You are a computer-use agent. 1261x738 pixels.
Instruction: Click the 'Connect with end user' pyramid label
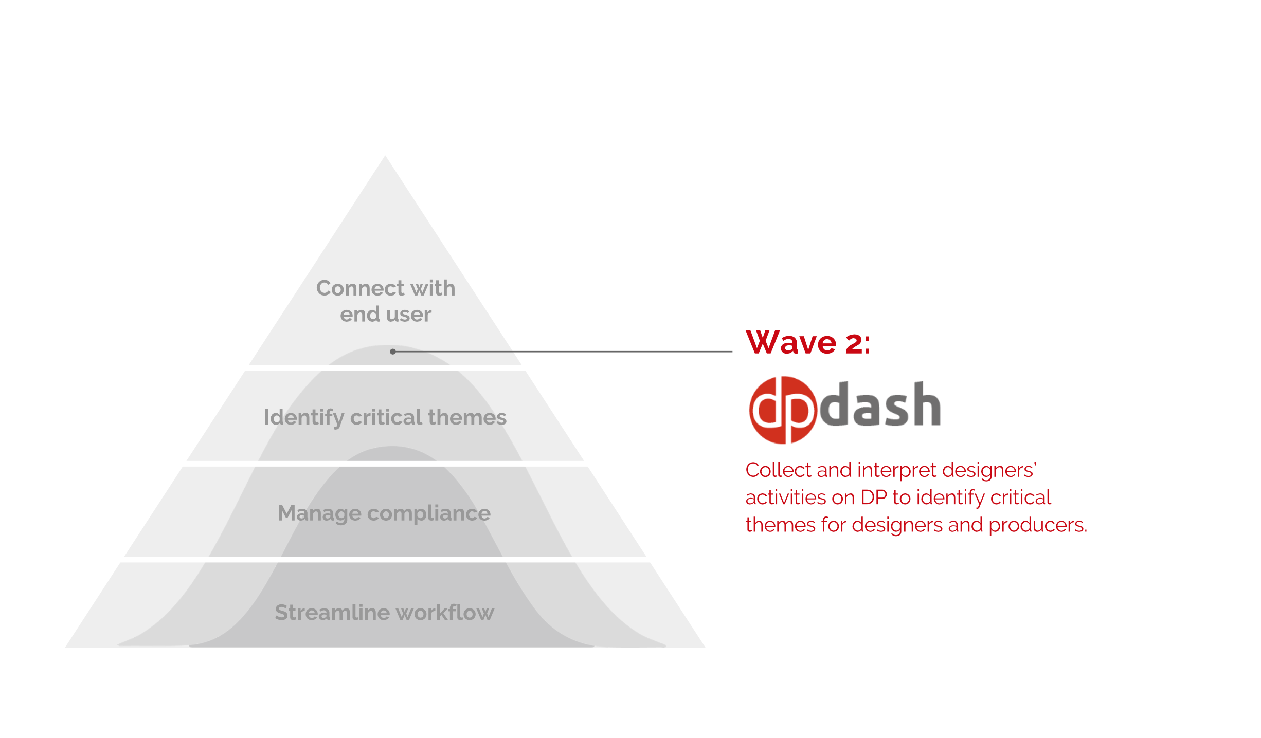(x=385, y=301)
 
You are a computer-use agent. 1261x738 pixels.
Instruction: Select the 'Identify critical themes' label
(x=385, y=417)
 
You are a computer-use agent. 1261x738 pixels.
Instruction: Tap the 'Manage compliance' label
(x=384, y=513)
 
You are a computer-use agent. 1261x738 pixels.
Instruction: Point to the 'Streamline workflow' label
(x=384, y=613)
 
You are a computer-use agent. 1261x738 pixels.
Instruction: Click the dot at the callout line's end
(x=393, y=352)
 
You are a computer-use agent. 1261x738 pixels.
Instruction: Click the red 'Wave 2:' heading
(x=808, y=342)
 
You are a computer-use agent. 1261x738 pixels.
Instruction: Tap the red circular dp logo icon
(x=782, y=410)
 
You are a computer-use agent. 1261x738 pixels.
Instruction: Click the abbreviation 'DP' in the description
(x=874, y=497)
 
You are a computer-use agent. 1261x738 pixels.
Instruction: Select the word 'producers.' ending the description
(x=1037, y=525)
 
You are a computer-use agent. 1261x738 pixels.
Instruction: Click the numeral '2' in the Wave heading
(x=854, y=343)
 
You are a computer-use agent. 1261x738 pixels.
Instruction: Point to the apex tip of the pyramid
(x=385, y=157)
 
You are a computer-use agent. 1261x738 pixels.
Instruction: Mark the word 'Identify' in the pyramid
(x=303, y=417)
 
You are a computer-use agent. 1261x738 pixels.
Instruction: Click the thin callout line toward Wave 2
(x=566, y=352)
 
